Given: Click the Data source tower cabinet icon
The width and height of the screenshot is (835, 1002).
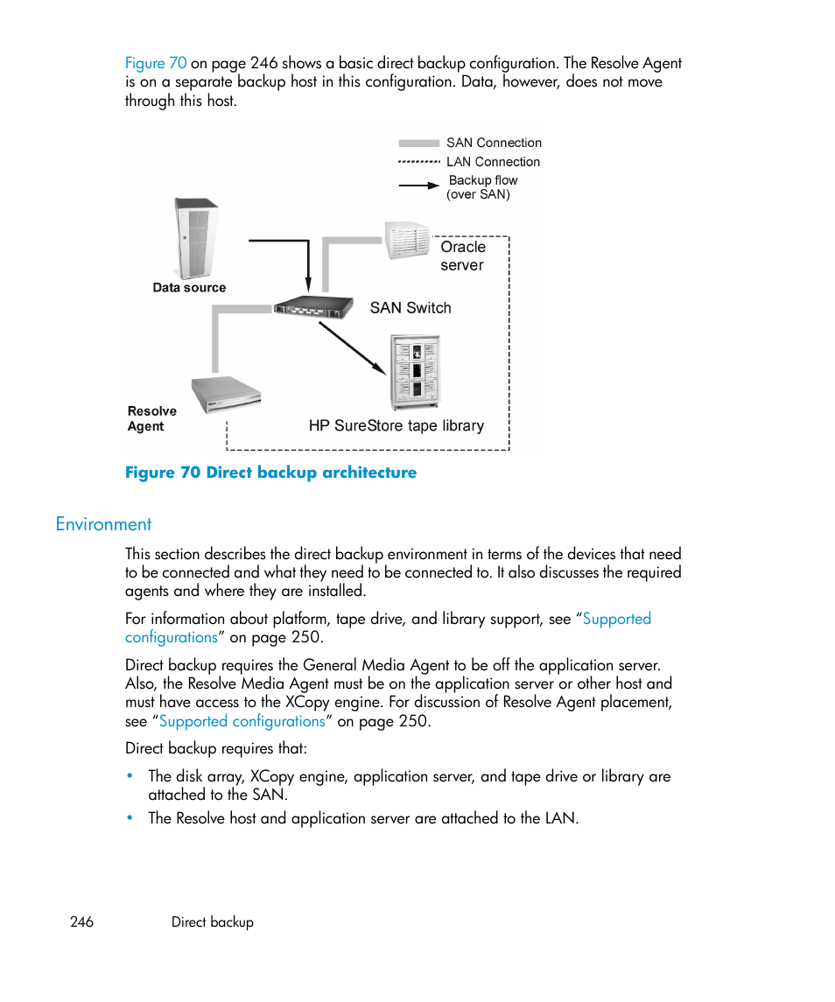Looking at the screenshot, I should pos(196,238).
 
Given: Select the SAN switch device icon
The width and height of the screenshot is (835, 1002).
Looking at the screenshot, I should pos(313,306).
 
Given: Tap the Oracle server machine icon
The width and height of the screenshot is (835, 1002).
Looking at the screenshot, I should pos(408,241).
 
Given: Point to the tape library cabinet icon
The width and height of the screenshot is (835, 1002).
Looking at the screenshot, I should pos(415,372).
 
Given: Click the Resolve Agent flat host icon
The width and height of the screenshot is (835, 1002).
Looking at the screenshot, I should pos(227,394).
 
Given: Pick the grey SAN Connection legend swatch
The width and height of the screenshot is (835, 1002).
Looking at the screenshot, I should pos(418,144).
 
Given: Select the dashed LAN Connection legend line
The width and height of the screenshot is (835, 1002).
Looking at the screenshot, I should pos(418,162).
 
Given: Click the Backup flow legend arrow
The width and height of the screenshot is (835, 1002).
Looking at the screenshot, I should pos(418,186).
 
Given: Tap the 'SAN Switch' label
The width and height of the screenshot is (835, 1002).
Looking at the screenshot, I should pos(410,308).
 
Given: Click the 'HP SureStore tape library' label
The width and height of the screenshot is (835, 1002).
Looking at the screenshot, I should pos(396,426).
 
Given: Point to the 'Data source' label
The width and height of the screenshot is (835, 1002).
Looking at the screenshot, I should pos(189,288).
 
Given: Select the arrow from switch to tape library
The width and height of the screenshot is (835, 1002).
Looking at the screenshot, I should pos(352,347).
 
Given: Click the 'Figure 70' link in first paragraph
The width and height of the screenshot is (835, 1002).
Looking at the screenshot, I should pos(156,63).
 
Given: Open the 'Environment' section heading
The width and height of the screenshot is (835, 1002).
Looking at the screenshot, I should pos(103,524).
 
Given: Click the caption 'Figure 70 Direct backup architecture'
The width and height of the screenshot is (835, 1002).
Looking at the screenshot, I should pos(270,473).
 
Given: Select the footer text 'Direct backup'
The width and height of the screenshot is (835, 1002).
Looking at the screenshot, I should pos(213,922).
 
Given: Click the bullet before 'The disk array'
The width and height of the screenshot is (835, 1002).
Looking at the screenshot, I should pos(130,776).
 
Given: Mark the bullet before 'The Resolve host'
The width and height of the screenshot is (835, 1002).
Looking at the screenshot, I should pos(130,818).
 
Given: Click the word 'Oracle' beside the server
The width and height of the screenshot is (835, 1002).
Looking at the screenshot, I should pos(463,248).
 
